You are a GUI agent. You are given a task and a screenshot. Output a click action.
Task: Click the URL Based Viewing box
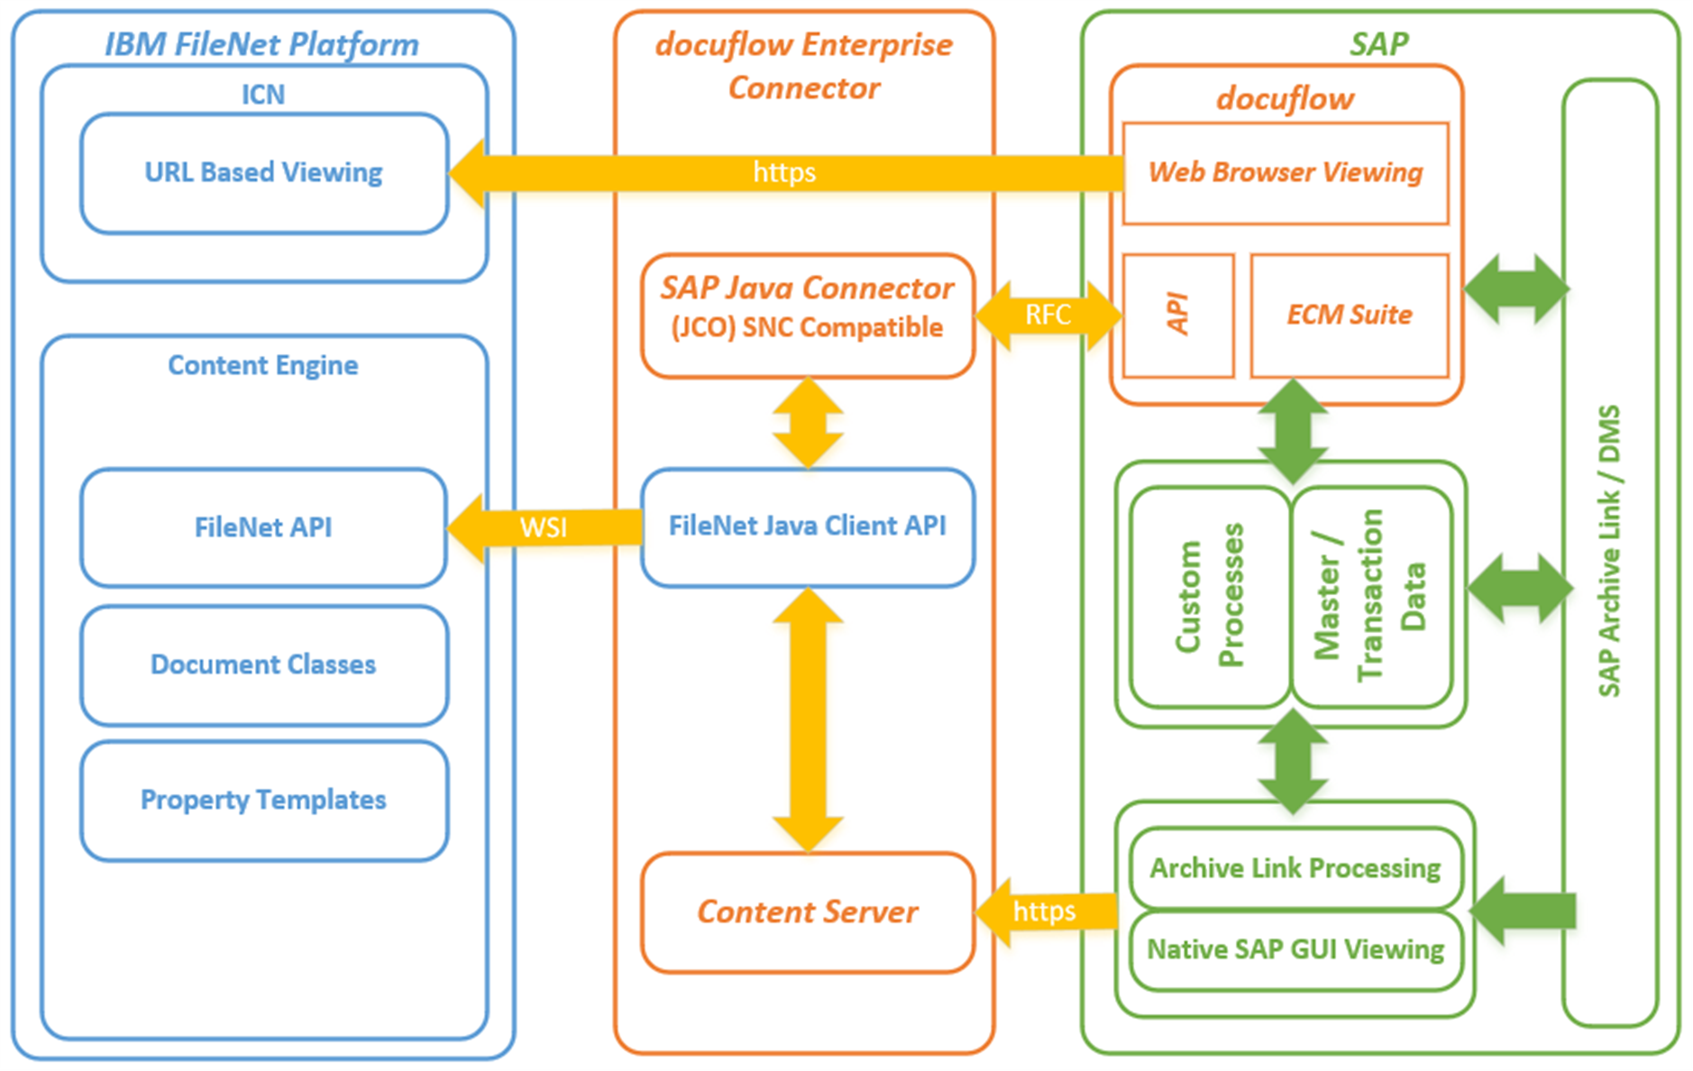click(263, 173)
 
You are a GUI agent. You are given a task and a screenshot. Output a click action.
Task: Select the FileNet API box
click(263, 527)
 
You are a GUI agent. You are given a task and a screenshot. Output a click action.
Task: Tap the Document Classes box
click(263, 664)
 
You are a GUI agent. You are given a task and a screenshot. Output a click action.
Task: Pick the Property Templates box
click(263, 800)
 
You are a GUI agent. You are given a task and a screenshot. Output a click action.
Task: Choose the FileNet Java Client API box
click(807, 526)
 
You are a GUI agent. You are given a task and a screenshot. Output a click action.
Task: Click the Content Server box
click(807, 911)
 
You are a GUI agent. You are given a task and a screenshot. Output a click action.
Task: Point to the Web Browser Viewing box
click(1285, 173)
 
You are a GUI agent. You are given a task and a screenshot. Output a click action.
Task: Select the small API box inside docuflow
click(1177, 315)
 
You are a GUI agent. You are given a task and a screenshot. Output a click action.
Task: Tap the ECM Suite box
click(1349, 315)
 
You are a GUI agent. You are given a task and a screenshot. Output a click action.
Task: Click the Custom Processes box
click(1210, 596)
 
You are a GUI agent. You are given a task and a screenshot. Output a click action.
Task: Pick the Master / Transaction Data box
click(1370, 596)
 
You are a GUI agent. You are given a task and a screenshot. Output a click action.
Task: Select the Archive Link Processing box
click(1295, 867)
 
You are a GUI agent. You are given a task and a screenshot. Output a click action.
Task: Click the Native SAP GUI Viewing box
click(1295, 949)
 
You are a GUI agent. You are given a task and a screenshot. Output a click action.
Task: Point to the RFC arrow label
click(1048, 315)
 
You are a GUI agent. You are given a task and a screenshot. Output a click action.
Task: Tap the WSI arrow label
click(543, 527)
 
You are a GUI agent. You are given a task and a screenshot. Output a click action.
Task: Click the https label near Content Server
click(1044, 911)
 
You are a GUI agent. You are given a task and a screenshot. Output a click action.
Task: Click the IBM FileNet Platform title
click(261, 44)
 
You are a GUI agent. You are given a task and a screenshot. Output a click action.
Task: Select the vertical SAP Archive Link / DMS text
click(1609, 551)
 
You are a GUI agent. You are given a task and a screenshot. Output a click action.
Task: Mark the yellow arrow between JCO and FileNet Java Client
click(808, 422)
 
